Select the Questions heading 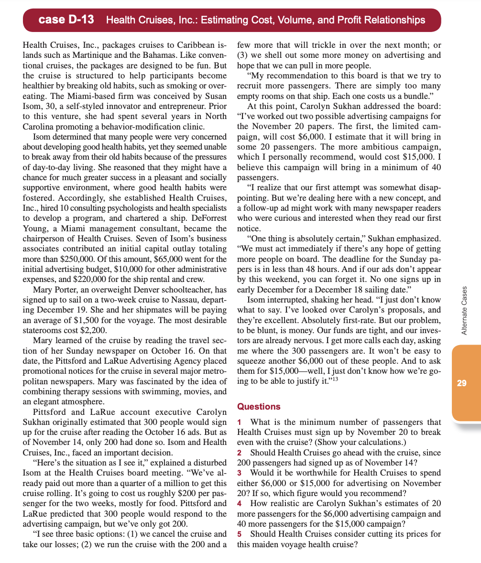[x=259, y=406]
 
